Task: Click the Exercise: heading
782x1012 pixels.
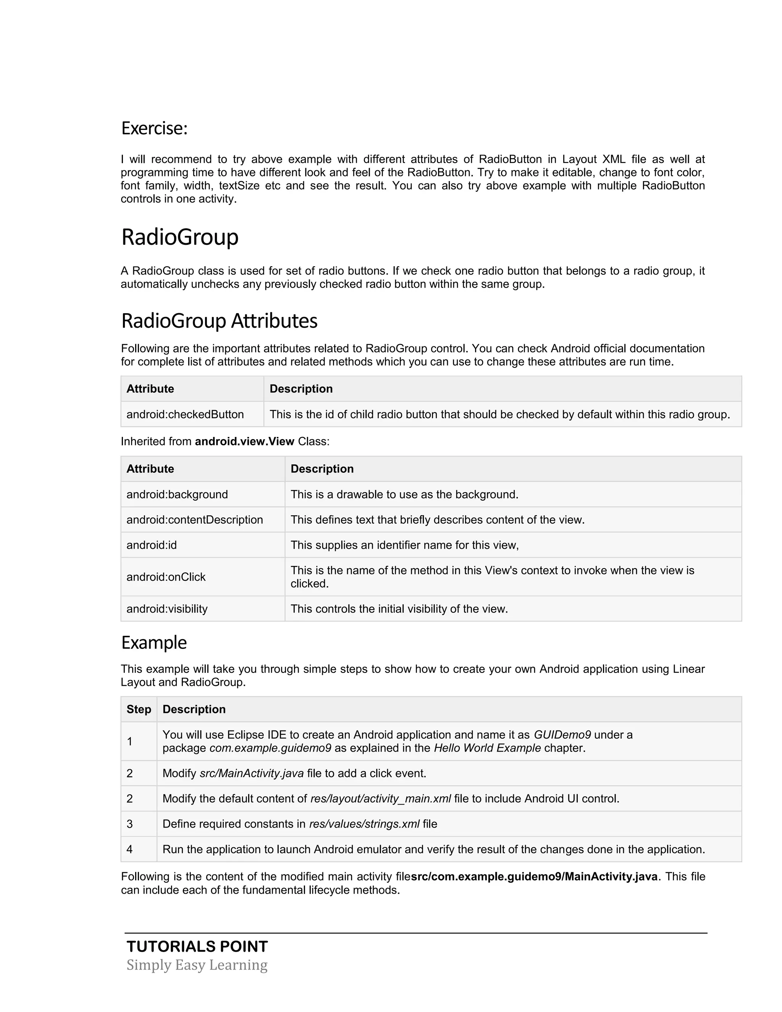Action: click(x=154, y=128)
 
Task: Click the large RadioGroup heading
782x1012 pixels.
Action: click(x=180, y=237)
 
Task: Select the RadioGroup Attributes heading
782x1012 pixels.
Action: click(x=219, y=321)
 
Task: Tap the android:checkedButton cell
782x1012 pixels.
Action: click(x=185, y=414)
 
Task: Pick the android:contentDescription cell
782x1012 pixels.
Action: click(x=195, y=520)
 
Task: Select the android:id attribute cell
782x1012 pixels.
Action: click(x=152, y=545)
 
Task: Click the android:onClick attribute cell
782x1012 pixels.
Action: click(x=166, y=577)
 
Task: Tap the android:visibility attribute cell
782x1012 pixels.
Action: click(x=167, y=609)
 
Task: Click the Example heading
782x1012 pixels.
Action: click(x=154, y=643)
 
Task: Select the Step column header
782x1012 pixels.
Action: click(x=139, y=710)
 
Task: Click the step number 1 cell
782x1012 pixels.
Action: click(x=130, y=741)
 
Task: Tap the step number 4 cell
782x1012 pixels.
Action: click(x=130, y=849)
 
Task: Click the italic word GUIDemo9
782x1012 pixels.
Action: click(x=562, y=735)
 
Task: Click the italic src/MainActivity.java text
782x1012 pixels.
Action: click(x=252, y=773)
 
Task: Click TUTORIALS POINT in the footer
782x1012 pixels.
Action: click(x=197, y=946)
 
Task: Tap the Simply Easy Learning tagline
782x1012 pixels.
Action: click(x=197, y=965)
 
